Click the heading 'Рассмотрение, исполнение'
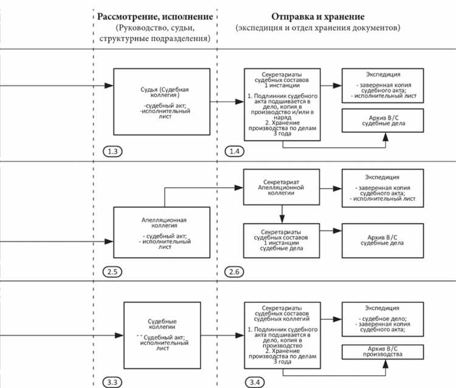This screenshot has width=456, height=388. click(x=155, y=16)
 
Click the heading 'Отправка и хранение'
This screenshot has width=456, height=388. click(x=319, y=16)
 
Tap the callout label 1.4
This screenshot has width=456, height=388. click(x=236, y=150)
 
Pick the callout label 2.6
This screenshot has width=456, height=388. click(x=236, y=271)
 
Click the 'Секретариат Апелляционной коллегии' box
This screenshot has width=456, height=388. click(x=282, y=185)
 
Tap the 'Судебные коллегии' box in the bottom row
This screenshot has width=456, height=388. click(x=162, y=334)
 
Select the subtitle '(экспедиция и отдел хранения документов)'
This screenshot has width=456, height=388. click(x=319, y=29)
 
